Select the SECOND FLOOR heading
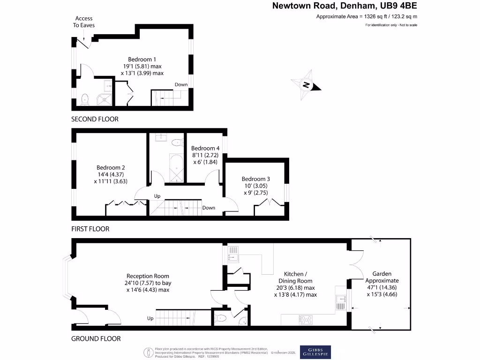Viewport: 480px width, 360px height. (95, 119)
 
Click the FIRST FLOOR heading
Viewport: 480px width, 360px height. (90, 229)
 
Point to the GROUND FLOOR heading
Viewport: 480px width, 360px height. (96, 338)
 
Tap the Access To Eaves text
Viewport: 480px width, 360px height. (83, 22)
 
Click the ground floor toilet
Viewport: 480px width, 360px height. (221, 318)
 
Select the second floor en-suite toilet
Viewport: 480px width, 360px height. (85, 98)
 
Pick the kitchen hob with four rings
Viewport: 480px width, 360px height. (306, 320)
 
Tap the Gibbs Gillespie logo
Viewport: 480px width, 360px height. (315, 352)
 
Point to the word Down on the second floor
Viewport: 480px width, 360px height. (181, 85)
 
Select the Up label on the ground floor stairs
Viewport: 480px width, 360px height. (150, 318)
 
